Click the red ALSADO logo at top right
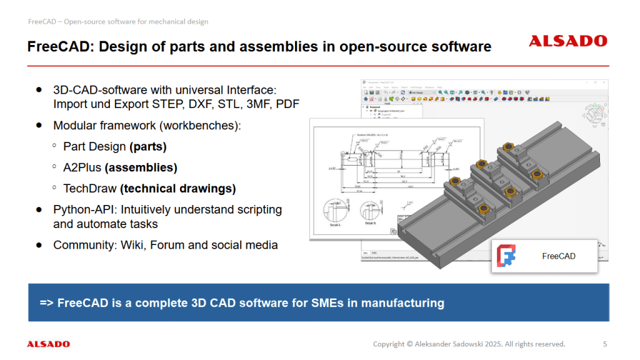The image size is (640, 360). pyautogui.click(x=567, y=41)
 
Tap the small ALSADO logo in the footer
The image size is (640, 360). pyautogui.click(x=48, y=344)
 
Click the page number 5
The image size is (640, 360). pyautogui.click(x=604, y=344)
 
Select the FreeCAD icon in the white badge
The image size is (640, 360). pyautogui.click(x=507, y=256)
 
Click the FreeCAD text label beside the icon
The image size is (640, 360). pyautogui.click(x=558, y=256)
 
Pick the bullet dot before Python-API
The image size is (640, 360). pyautogui.click(x=39, y=209)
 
